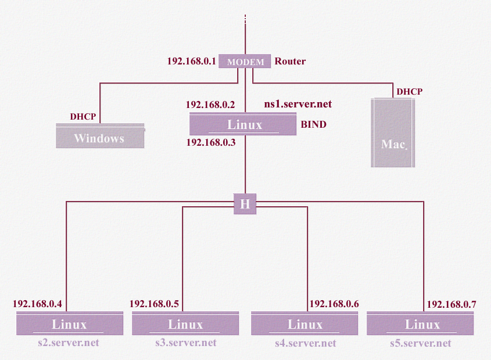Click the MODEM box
245,62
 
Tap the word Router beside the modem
290,61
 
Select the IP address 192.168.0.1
192,61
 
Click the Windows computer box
99,138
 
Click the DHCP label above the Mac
409,92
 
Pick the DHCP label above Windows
83,117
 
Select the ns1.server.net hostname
298,105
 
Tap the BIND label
313,124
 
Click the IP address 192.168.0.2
210,105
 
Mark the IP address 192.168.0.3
210,142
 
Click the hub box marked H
245,204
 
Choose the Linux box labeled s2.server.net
70,324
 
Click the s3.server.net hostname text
185,343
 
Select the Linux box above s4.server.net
305,324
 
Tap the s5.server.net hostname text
420,343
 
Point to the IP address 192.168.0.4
37,304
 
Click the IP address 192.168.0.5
154,304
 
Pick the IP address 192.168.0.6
334,304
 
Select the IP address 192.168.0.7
451,304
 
